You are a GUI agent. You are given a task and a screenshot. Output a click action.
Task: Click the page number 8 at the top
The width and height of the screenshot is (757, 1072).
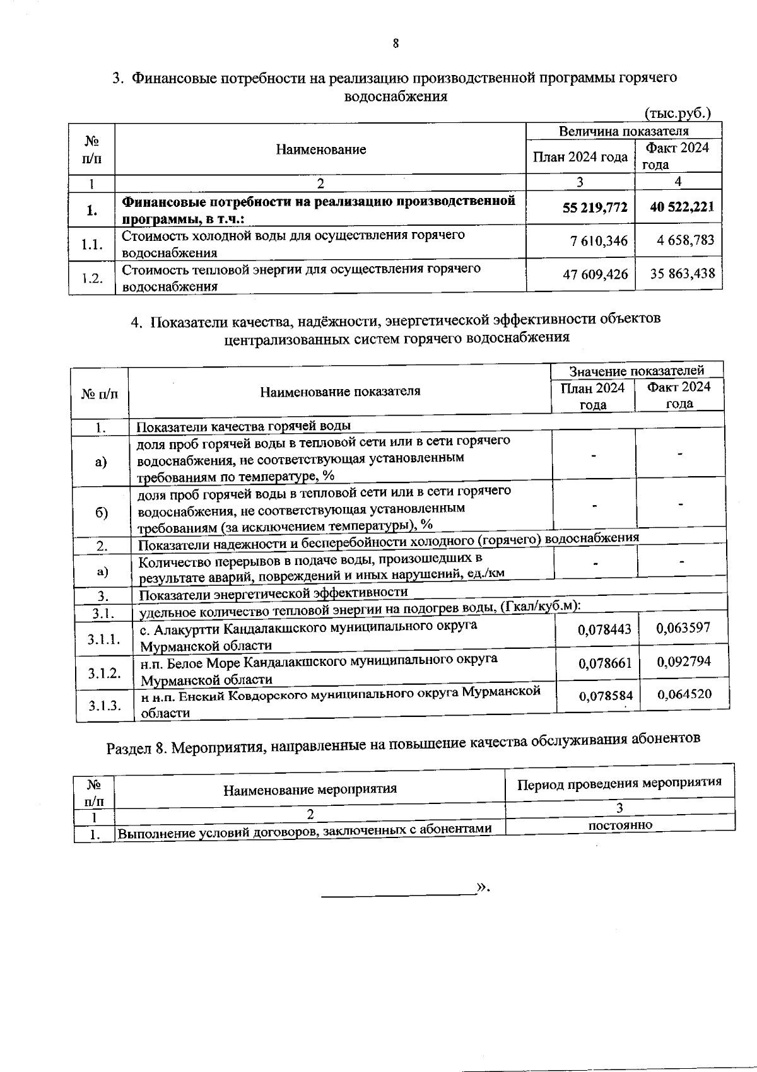pyautogui.click(x=396, y=44)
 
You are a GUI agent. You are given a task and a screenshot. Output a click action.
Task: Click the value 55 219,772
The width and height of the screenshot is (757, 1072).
pyautogui.click(x=595, y=207)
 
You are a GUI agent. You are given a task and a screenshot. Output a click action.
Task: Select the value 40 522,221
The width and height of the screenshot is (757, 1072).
pyautogui.click(x=682, y=207)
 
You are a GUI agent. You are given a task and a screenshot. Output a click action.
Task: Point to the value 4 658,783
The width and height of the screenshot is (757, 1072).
pyautogui.click(x=685, y=240)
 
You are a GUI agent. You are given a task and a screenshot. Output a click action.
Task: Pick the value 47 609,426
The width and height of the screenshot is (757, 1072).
pyautogui.click(x=595, y=274)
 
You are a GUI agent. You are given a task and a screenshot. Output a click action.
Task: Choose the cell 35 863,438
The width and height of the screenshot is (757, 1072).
pyautogui.click(x=683, y=274)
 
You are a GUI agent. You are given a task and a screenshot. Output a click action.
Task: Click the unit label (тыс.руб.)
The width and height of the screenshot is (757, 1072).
pyautogui.click(x=678, y=114)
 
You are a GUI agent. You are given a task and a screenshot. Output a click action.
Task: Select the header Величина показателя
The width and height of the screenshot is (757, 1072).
pyautogui.click(x=624, y=131)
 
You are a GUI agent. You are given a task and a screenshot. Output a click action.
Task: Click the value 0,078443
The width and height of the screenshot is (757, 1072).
pyautogui.click(x=604, y=629)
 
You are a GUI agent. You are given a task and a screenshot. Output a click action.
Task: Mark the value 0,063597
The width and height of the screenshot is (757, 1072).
pyautogui.click(x=683, y=627)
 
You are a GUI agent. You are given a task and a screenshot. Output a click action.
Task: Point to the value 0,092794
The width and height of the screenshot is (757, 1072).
pyautogui.click(x=683, y=661)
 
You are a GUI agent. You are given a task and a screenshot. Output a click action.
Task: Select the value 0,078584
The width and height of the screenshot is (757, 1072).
pyautogui.click(x=606, y=696)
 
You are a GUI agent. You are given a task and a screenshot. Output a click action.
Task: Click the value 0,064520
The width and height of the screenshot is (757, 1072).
pyautogui.click(x=684, y=694)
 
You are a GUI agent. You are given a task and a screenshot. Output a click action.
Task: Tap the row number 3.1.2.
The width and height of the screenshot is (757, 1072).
pyautogui.click(x=104, y=673)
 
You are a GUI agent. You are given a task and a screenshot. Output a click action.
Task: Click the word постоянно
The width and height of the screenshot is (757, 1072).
pyautogui.click(x=620, y=825)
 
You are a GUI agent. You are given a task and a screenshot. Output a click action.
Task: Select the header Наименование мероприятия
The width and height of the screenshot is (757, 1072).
pyautogui.click(x=310, y=789)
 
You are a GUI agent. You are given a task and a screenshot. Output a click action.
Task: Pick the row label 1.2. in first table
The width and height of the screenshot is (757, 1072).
pyautogui.click(x=92, y=278)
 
